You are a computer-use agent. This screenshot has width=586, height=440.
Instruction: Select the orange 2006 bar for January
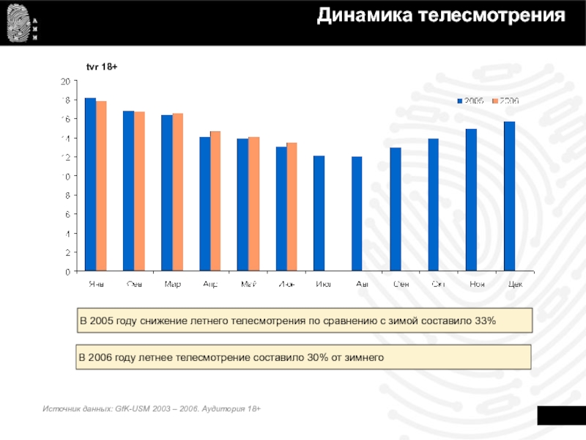[x=101, y=186]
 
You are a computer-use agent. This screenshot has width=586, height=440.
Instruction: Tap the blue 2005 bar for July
[x=319, y=213]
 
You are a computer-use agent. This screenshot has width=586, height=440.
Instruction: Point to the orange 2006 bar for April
[x=215, y=202]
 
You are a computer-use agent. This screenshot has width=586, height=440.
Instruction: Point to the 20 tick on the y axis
[x=65, y=81]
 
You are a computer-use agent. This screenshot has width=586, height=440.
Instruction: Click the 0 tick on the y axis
[x=67, y=271]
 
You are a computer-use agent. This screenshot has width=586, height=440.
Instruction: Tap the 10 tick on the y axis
[x=65, y=176]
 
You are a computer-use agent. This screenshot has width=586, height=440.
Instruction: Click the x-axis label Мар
[x=173, y=284]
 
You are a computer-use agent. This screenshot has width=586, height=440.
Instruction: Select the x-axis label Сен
[x=401, y=284]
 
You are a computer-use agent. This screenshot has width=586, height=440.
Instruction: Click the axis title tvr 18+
[x=102, y=67]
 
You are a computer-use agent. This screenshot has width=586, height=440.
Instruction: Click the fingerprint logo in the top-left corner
[x=16, y=23]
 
